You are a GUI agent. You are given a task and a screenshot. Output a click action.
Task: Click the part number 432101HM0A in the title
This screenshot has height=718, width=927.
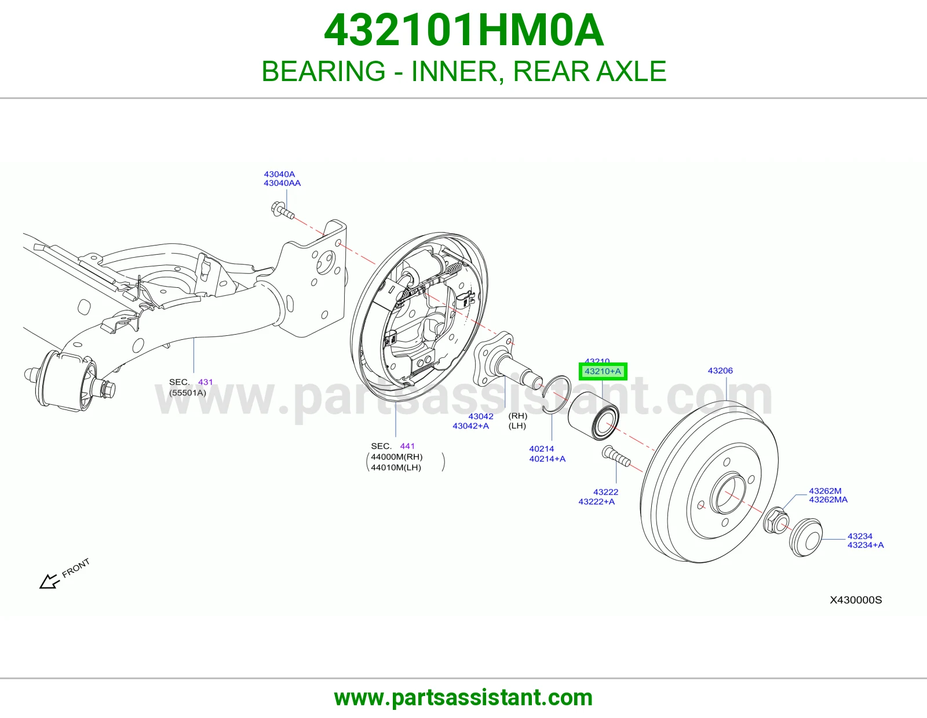pyautogui.click(x=463, y=30)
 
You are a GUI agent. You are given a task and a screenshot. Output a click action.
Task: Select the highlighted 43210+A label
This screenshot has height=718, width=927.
pyautogui.click(x=603, y=371)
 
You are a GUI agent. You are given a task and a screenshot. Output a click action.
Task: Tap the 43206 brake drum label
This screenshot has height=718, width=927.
pyautogui.click(x=720, y=371)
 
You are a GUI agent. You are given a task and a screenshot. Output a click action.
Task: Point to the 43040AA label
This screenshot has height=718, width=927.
pyautogui.click(x=282, y=183)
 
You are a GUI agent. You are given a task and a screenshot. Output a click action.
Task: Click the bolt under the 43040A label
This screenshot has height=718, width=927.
pyautogui.click(x=282, y=211)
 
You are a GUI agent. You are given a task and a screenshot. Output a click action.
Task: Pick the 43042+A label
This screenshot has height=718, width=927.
pyautogui.click(x=470, y=426)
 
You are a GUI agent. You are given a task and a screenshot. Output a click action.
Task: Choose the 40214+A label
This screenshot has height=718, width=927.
pyautogui.click(x=548, y=459)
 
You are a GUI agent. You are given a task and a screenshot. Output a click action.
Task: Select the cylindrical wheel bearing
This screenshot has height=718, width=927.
pyautogui.click(x=593, y=416)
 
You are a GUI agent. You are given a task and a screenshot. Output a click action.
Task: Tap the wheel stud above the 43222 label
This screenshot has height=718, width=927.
pyautogui.click(x=616, y=457)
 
